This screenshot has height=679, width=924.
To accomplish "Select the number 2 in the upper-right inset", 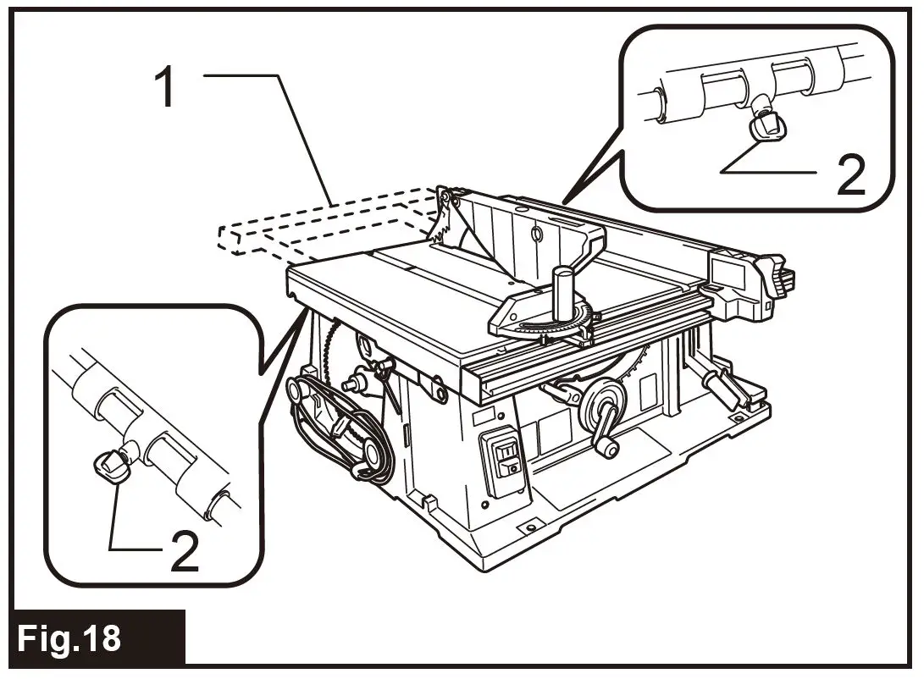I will coord(849,174).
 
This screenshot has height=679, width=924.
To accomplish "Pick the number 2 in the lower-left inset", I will coord(184,551).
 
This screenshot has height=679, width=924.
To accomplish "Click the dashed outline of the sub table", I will coord(322,224).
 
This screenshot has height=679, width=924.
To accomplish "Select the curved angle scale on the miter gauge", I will coord(551,326).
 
